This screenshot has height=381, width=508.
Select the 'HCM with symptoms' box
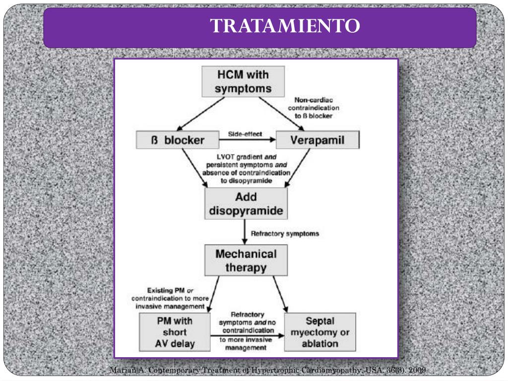tap(243, 82)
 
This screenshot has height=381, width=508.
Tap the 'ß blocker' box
tap(177, 140)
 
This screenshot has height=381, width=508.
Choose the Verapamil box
tap(317, 140)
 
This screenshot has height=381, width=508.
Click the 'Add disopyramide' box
tap(246, 204)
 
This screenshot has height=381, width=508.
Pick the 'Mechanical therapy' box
tap(246, 261)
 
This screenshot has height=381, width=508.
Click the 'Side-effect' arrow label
tap(245, 134)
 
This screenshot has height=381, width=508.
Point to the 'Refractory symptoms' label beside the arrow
tap(285, 233)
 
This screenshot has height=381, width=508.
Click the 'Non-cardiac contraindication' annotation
tap(317, 108)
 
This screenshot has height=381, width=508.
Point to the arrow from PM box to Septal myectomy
tap(247, 336)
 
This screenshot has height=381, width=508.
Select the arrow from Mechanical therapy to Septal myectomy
tap(281, 294)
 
